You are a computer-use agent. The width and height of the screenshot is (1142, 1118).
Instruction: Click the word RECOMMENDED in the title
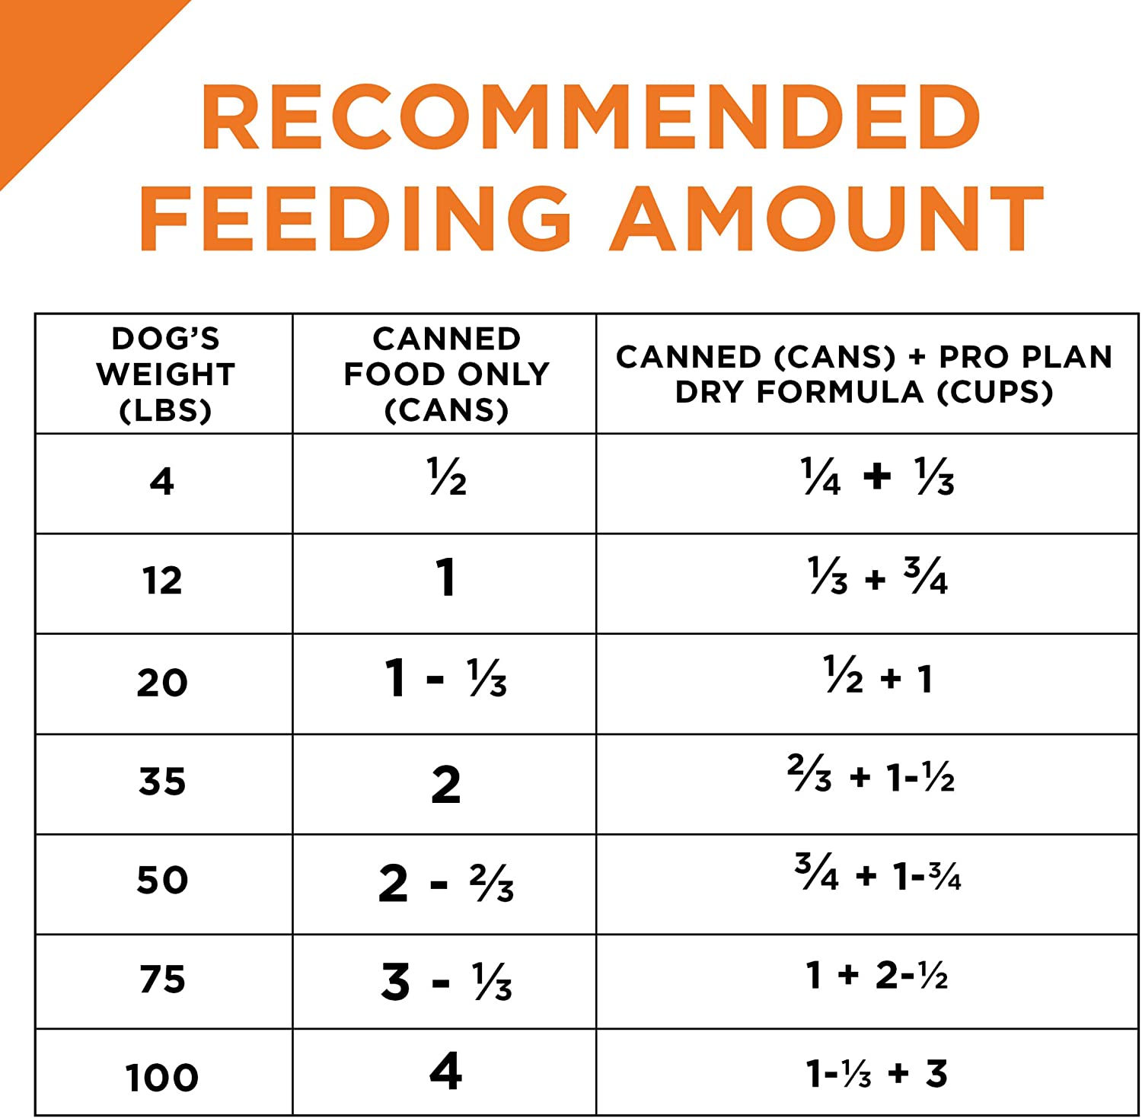(590, 117)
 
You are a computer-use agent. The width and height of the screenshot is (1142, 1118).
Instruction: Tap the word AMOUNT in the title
(828, 218)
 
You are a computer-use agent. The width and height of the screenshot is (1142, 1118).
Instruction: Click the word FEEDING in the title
(355, 218)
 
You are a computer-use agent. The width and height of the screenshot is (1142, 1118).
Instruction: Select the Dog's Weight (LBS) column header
(165, 374)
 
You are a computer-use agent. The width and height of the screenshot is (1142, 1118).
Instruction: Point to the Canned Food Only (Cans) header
(446, 374)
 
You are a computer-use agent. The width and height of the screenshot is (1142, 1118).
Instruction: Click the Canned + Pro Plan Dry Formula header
(864, 374)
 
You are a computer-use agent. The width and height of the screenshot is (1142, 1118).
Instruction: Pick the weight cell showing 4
(162, 482)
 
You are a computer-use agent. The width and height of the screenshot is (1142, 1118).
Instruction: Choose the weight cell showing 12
(162, 581)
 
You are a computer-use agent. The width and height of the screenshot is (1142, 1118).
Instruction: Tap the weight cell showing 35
(162, 782)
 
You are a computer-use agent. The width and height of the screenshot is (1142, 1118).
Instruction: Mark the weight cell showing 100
(162, 1077)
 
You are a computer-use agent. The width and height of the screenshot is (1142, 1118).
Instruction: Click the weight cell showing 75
(162, 979)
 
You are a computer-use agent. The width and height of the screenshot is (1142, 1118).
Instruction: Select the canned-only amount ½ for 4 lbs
(447, 477)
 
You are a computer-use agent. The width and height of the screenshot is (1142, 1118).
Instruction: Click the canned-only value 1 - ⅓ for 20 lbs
(446, 677)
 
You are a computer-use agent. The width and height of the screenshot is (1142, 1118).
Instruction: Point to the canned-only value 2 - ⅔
(446, 883)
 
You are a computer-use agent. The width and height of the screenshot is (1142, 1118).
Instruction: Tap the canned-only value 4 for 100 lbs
(446, 1071)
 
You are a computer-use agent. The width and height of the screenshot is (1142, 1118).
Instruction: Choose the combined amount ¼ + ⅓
(877, 476)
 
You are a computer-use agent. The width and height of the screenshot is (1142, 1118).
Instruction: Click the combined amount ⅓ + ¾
(877, 576)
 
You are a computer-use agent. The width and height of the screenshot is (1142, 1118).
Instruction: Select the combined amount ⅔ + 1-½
(871, 775)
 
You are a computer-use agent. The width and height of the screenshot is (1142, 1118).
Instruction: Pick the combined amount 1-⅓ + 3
(876, 1074)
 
